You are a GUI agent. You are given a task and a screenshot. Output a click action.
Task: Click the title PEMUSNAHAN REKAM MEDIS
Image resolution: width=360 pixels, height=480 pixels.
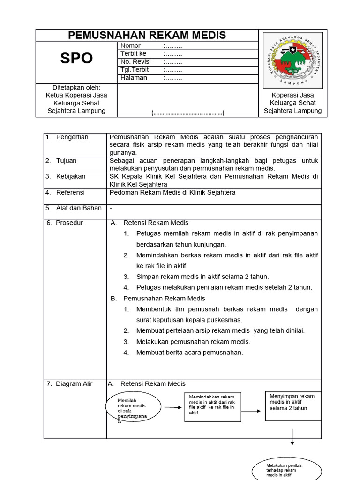(147, 35)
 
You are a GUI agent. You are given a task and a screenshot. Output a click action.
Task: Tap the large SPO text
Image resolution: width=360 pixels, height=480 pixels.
(76, 58)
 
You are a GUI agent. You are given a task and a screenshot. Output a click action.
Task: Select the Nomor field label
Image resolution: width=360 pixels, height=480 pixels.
(130, 46)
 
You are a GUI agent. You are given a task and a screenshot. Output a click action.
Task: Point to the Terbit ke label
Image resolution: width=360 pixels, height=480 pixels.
(133, 54)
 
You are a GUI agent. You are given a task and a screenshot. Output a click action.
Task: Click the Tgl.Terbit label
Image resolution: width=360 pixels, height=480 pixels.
(134, 70)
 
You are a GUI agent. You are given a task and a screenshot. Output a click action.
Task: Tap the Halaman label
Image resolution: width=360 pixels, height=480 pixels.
(134, 78)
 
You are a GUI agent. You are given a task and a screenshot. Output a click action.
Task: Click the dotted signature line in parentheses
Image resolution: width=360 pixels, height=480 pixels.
(187, 113)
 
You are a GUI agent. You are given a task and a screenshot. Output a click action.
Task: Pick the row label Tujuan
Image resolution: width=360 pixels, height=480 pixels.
(67, 161)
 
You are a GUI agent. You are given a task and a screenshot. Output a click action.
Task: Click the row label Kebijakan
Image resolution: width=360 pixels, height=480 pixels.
(70, 176)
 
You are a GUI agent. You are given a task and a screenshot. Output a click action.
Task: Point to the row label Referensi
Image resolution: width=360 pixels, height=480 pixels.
(71, 192)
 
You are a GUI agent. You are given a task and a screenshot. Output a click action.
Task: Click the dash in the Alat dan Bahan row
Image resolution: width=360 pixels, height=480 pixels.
(111, 208)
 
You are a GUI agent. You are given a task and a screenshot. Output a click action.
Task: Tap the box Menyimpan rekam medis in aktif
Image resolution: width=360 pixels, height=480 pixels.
(293, 402)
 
